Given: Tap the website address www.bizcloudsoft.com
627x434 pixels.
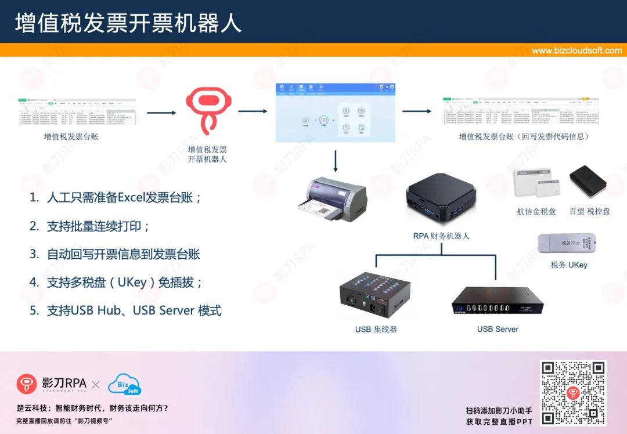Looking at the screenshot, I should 576,50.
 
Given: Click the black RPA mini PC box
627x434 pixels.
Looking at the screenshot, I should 441,200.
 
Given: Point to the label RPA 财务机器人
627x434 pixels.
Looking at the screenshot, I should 441,236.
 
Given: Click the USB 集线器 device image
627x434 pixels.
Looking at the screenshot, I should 376,295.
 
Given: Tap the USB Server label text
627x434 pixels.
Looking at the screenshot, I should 498,329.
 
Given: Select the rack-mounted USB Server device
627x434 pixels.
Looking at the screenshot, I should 497,301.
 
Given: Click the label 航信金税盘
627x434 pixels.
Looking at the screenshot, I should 536,211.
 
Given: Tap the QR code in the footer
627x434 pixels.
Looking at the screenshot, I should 573,392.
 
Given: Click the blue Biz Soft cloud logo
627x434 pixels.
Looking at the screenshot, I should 124,384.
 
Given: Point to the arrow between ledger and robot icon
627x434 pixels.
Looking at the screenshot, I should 161,112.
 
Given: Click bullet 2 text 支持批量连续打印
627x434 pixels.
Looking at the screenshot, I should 98,226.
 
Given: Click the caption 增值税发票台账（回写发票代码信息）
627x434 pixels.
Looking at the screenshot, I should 524,137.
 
